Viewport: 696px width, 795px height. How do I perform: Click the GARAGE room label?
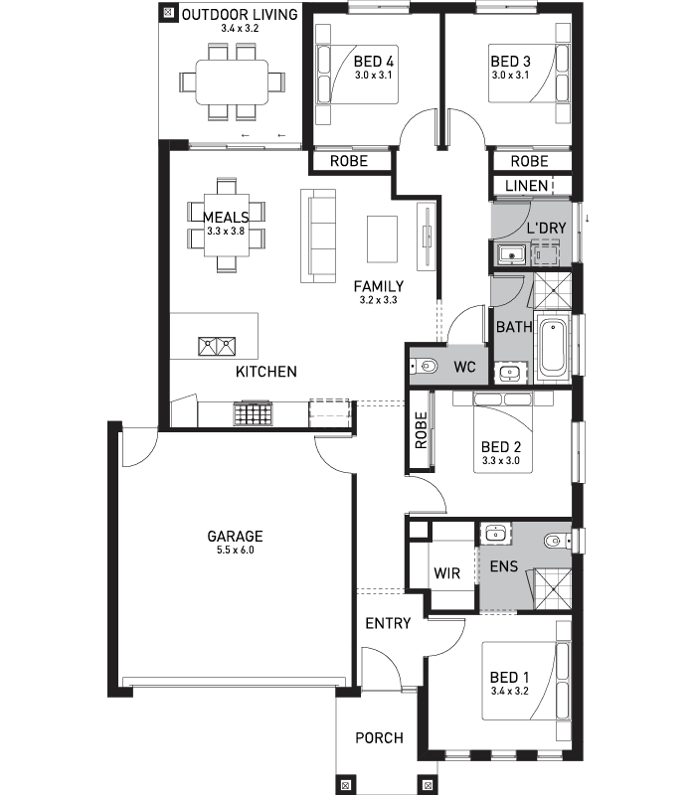click(235, 536)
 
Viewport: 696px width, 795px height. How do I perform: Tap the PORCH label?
click(380, 737)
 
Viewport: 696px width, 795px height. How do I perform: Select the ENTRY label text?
click(388, 623)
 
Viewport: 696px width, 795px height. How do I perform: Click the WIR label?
click(446, 573)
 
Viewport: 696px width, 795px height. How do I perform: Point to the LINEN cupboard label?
click(527, 186)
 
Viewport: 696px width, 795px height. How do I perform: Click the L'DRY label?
click(546, 229)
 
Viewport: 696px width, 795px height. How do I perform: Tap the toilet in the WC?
click(424, 366)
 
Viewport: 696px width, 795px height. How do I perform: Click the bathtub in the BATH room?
click(552, 347)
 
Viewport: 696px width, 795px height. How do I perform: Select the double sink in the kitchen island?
click(217, 346)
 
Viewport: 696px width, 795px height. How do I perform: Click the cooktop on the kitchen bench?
click(253, 413)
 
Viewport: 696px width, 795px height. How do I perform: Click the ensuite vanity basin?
click(495, 534)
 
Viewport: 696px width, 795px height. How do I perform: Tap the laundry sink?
click(512, 253)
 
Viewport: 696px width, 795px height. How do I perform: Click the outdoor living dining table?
click(232, 82)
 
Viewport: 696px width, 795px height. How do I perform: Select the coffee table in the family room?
click(382, 239)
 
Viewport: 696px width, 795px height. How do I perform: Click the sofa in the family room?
click(318, 236)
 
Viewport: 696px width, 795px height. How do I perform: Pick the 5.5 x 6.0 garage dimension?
click(236, 551)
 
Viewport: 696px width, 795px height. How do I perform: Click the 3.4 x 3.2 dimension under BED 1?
click(510, 691)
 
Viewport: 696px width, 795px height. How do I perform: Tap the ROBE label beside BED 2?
click(421, 430)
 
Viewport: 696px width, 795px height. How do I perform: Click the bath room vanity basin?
click(509, 374)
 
